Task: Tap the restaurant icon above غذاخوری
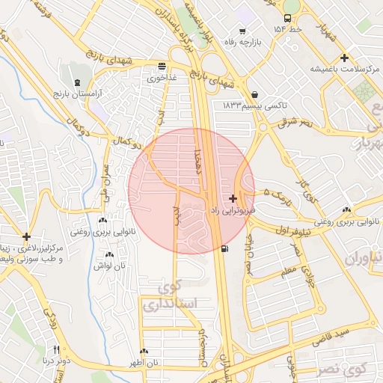point(162,66)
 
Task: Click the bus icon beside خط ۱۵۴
point(288,19)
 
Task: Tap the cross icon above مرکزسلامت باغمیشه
point(344,58)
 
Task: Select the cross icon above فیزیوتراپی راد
point(234,199)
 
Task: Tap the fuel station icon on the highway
point(226,248)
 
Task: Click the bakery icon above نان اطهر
point(144,352)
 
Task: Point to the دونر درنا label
point(57,361)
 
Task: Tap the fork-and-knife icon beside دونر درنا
point(56,349)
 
